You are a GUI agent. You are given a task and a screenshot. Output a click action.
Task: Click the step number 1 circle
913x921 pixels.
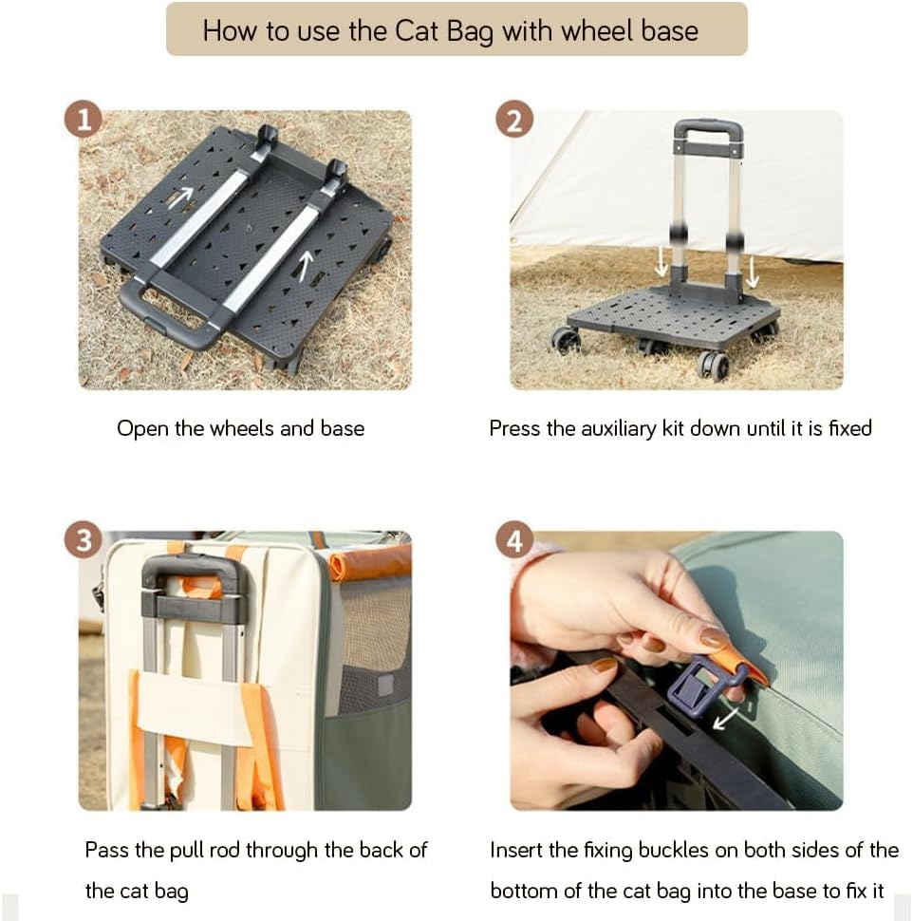click(84, 119)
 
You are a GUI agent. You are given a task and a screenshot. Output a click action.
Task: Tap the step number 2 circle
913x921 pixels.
click(514, 119)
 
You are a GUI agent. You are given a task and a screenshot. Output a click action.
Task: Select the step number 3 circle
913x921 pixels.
click(84, 540)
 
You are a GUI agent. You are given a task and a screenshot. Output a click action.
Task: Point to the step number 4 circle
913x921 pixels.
click(514, 540)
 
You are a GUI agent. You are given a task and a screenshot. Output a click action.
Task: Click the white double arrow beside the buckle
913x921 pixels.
click(726, 719)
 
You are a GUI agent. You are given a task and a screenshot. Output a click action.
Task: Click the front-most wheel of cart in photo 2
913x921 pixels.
click(713, 365)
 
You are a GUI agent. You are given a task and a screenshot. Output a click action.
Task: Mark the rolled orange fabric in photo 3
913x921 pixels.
click(369, 561)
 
